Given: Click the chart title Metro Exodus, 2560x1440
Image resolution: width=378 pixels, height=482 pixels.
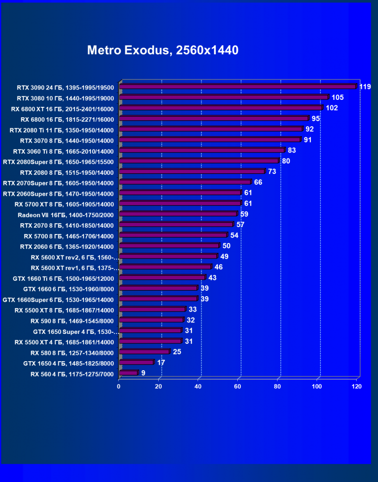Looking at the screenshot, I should (163, 50).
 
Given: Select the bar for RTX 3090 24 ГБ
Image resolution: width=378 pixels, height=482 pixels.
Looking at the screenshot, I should (238, 86).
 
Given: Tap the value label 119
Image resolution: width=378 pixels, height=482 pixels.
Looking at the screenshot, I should (365, 87).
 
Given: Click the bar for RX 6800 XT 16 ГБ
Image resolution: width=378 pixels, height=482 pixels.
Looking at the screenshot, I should (221, 107).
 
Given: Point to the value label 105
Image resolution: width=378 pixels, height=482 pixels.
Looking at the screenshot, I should (338, 97).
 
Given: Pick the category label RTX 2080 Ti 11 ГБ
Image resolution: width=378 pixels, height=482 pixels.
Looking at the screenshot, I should (62, 130).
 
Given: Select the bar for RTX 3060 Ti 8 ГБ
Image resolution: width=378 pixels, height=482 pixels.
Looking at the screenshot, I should (202, 150).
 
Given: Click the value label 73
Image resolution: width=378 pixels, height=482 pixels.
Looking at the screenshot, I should (272, 171).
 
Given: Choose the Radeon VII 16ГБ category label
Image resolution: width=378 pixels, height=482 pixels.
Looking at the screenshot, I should (66, 215).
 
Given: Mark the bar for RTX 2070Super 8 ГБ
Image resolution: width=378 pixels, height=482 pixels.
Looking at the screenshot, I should (185, 182).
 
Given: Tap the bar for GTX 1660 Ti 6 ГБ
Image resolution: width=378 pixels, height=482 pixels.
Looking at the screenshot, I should (162, 278).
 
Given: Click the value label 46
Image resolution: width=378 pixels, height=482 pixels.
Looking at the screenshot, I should (218, 267).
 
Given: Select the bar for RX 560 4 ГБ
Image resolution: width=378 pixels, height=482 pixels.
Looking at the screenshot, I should (128, 373).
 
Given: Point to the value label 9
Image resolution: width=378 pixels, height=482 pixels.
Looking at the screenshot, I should (143, 373).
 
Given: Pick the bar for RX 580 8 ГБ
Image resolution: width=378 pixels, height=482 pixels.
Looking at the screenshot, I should (144, 352).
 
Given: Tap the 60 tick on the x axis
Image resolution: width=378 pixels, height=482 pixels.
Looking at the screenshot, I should (238, 386).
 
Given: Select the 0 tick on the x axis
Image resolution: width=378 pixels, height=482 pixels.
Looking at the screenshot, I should (119, 386).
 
